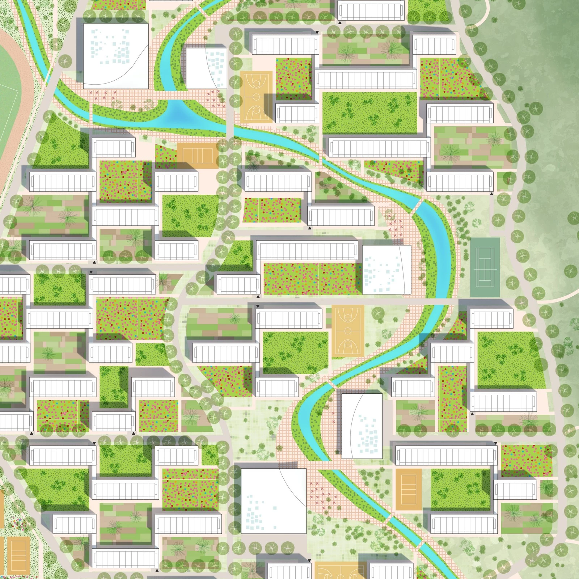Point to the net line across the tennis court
click(x=485, y=268)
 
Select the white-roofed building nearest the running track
click(x=116, y=56)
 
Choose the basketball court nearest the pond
click(x=256, y=96)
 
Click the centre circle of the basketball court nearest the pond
click(x=256, y=97)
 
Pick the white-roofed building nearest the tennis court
click(x=386, y=270)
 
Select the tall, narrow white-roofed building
click(x=362, y=426)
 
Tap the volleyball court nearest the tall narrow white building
click(x=409, y=489)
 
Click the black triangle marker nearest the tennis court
click(x=491, y=194)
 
